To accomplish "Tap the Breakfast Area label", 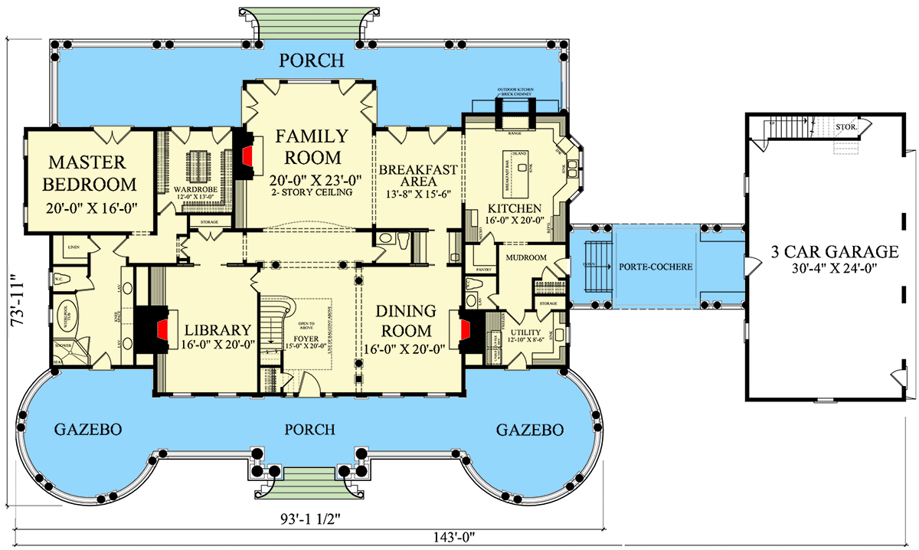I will coord(418,175).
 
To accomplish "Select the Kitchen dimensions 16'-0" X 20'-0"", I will coord(513,220).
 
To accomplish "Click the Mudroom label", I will coord(525,258).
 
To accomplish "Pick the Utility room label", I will coord(525,332).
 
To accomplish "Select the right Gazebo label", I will coord(530,429).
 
